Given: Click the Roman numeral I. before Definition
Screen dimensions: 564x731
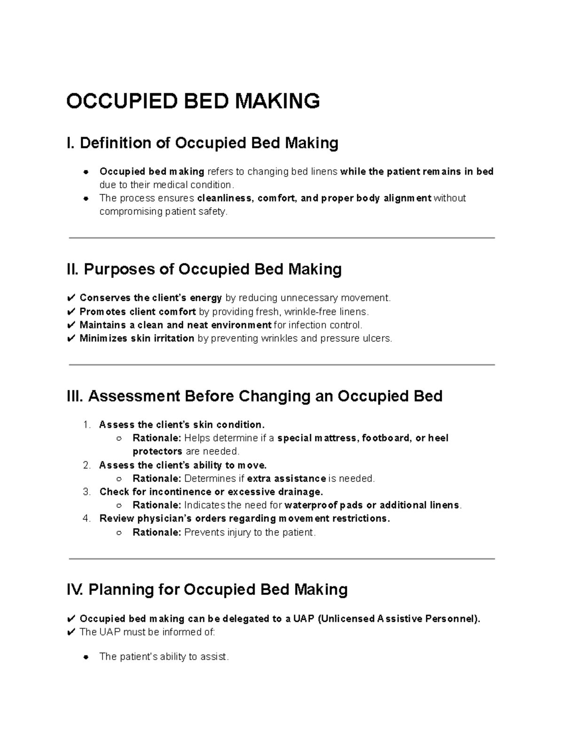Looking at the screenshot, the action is [x=71, y=143].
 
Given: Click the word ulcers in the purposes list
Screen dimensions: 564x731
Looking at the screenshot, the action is [x=378, y=338].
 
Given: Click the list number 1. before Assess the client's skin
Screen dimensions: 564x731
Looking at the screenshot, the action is [x=86, y=425].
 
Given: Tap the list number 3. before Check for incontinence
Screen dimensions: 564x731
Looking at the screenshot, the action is [x=86, y=492].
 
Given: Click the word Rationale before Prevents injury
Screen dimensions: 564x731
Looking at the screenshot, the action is [x=156, y=532].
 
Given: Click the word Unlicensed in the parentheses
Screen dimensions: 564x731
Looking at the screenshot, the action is [x=347, y=619].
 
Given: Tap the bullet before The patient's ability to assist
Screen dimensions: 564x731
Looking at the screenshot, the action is [x=86, y=657].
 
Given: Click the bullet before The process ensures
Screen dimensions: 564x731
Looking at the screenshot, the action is [x=86, y=198].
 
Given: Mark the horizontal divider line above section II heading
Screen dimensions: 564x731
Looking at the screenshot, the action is [x=282, y=238].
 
